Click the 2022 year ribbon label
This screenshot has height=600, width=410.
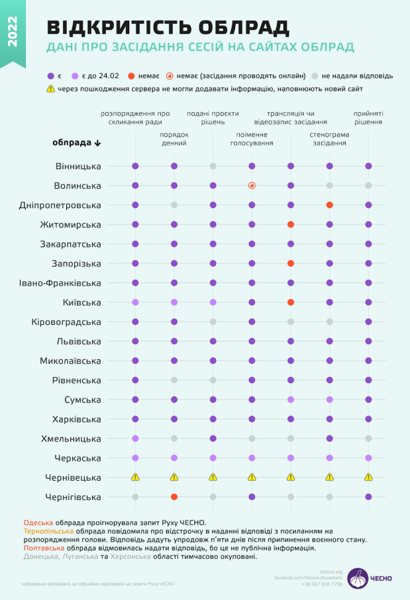[x=12, y=32]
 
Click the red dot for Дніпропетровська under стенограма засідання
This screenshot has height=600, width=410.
[x=329, y=205]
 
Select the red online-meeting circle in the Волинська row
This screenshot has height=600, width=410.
[x=252, y=186]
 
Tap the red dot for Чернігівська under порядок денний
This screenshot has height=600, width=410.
[x=174, y=497]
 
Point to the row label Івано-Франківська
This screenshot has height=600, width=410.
[x=60, y=283]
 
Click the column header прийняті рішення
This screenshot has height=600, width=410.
[x=368, y=117]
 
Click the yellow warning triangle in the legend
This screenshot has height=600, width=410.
[x=51, y=88]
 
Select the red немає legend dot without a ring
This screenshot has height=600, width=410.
[x=132, y=76]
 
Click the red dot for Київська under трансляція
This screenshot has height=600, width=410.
[x=290, y=302]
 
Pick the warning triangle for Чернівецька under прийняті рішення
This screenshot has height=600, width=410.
[x=368, y=477]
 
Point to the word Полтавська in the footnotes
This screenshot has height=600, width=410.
[x=44, y=548]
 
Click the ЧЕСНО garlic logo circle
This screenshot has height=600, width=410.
[x=358, y=578]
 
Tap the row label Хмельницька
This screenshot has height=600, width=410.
[x=73, y=439]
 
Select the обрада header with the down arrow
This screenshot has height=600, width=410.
[x=77, y=143]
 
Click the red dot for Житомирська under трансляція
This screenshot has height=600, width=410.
[x=290, y=225]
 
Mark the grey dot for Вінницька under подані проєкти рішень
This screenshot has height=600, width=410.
[x=213, y=166]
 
